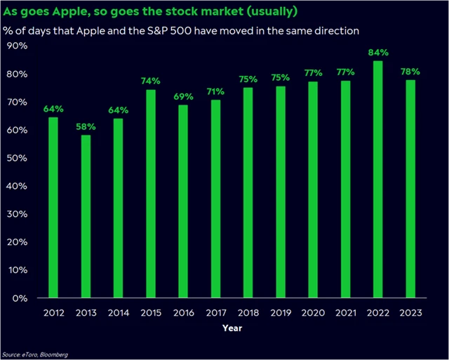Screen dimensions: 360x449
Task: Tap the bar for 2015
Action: (x=152, y=194)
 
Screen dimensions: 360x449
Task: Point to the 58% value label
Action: (x=86, y=127)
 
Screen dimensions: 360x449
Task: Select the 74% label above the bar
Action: (x=152, y=82)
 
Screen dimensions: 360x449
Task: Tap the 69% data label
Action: (x=184, y=97)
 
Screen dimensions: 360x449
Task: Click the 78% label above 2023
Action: (x=411, y=72)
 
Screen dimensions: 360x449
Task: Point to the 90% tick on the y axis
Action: (x=17, y=46)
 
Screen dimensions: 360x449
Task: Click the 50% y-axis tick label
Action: (x=17, y=158)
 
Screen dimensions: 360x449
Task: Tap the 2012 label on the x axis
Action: (x=53, y=313)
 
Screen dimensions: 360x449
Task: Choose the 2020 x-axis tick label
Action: (x=314, y=313)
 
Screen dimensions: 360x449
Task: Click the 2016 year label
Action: (x=184, y=313)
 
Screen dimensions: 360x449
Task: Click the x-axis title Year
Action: (x=232, y=328)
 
